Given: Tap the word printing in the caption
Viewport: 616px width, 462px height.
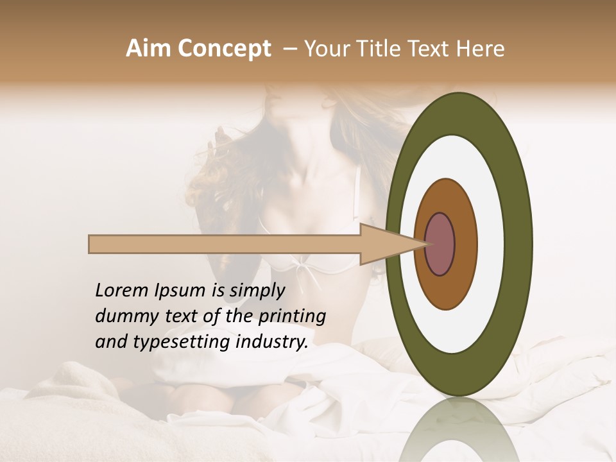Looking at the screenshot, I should pos(293,317).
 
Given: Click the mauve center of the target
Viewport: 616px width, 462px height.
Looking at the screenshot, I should pos(440,244).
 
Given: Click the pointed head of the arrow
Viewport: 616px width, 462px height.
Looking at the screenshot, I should pos(385,244).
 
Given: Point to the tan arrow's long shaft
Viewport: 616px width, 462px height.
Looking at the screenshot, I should pos(225,244).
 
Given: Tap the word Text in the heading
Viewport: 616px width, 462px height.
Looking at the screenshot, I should pos(433,49).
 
